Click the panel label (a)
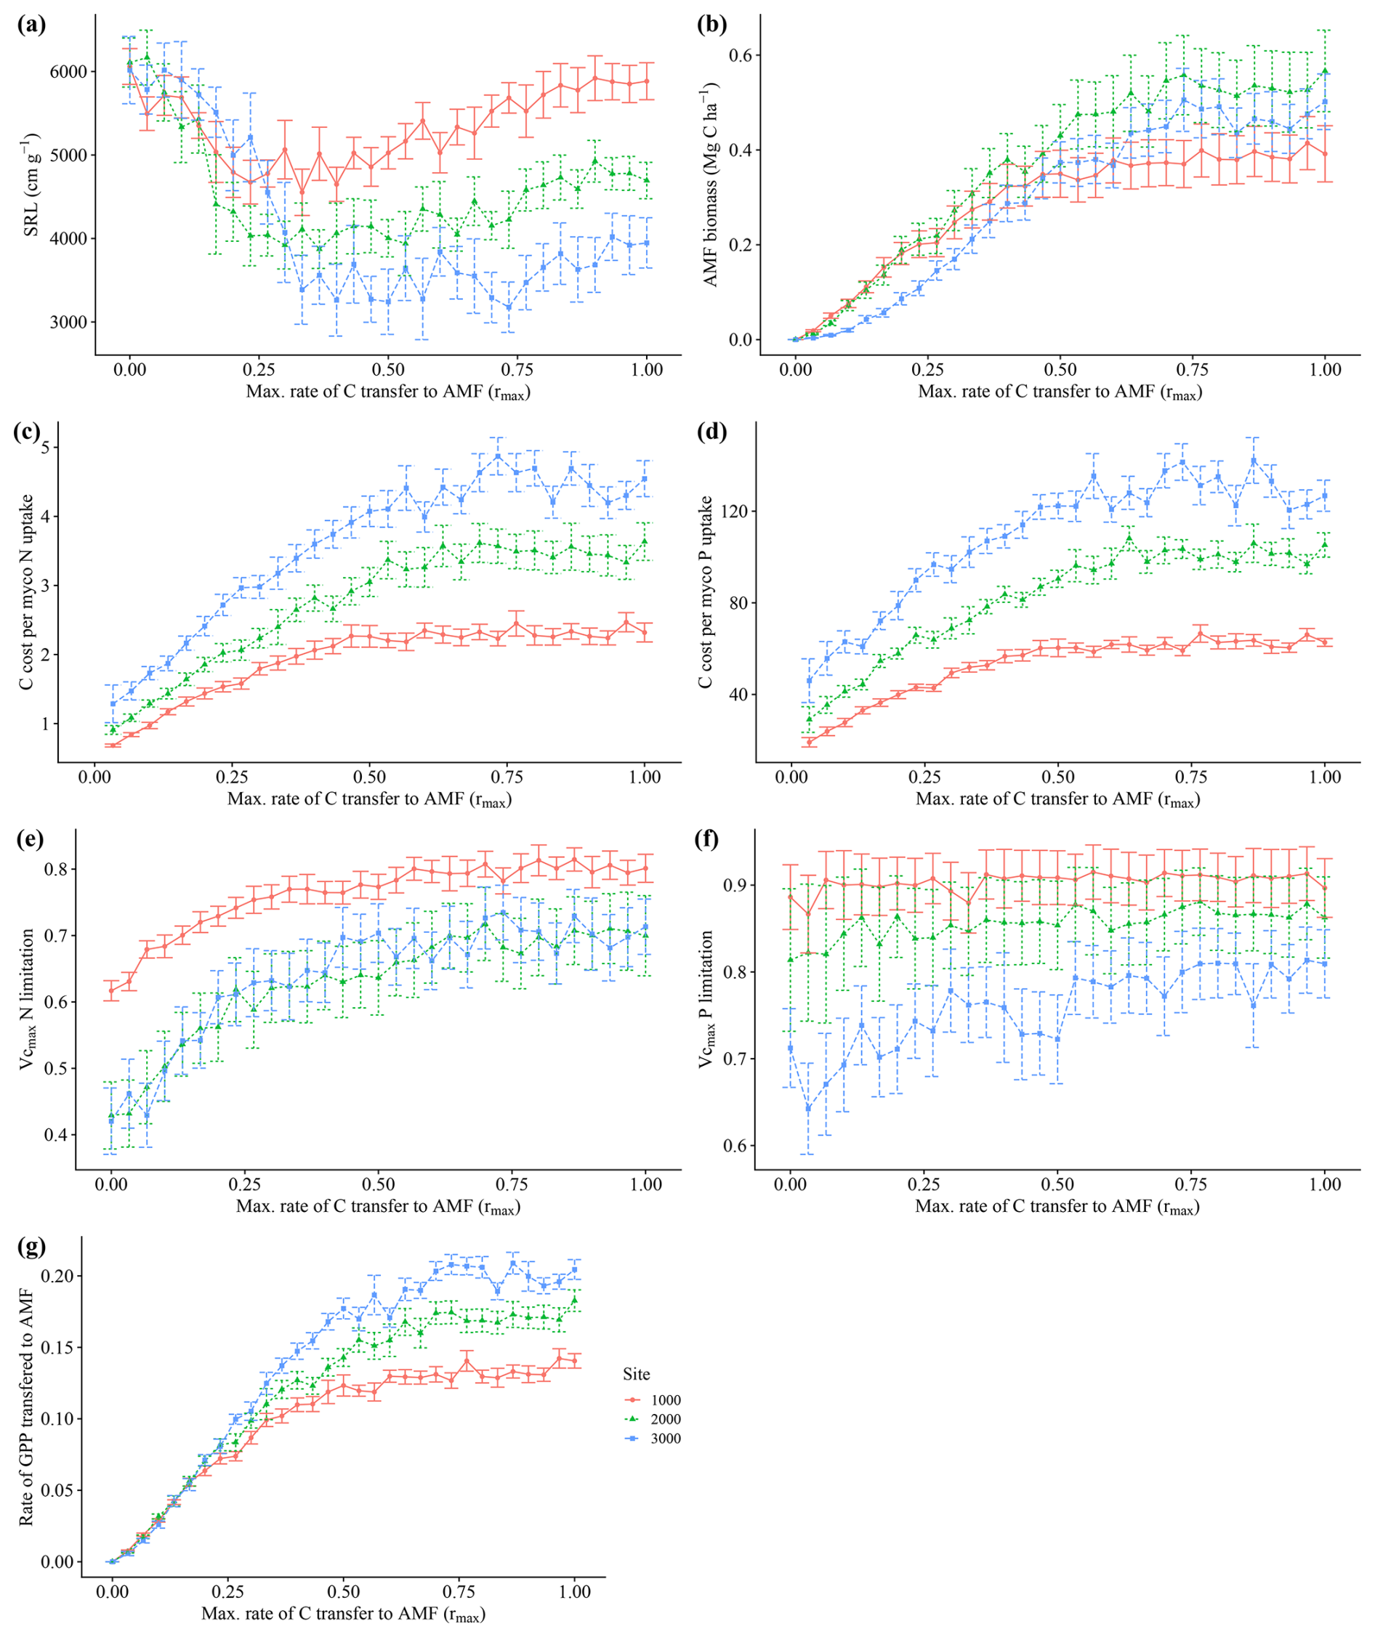pos(31,24)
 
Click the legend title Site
pos(636,1374)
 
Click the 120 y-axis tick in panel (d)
pos(724,512)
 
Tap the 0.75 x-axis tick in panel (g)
pos(460,1592)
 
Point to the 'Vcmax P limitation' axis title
pos(707,998)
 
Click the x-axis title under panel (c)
pos(369,799)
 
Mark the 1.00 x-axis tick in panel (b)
pos(1325,370)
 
